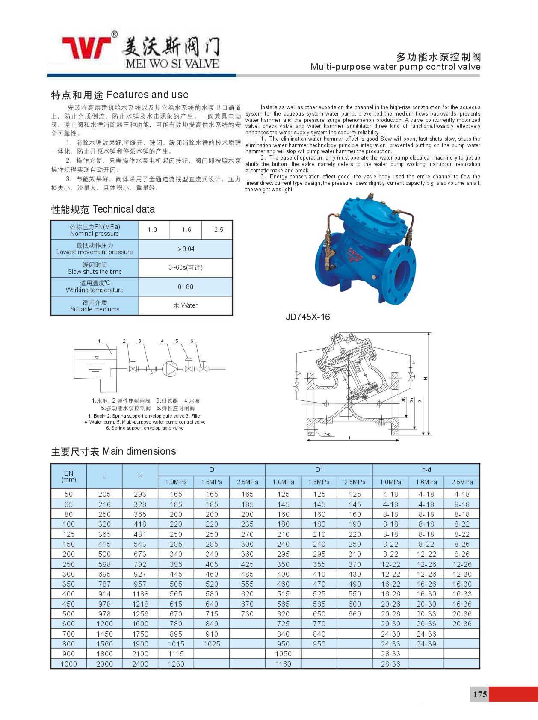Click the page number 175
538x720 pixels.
tap(479, 693)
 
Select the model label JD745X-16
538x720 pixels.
tap(307, 317)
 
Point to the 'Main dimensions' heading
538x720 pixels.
tap(139, 451)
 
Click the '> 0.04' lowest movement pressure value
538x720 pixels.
tap(186, 249)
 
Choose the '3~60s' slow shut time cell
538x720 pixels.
tap(186, 268)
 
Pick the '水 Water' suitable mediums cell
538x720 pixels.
tap(186, 305)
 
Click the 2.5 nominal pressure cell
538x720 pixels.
tap(219, 230)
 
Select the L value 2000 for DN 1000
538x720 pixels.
tap(104, 664)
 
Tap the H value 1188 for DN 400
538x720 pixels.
tap(140, 594)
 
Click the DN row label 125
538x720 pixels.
tap(68, 534)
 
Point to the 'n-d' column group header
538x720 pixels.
tap(426, 469)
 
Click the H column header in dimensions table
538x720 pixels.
tap(140, 476)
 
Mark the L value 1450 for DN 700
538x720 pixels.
tap(104, 634)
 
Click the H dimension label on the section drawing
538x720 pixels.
tap(426, 379)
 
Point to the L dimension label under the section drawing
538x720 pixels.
tap(350, 438)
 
